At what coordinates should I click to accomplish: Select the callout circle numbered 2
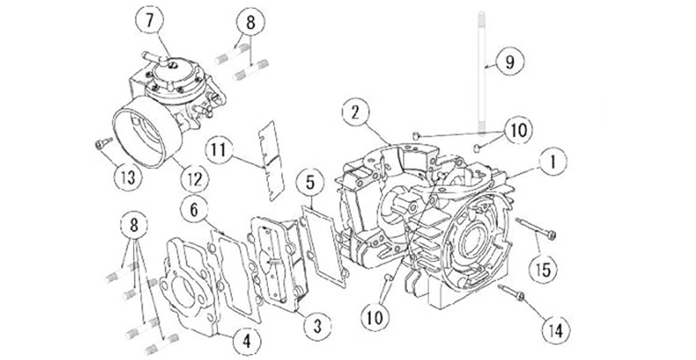[x=356, y=112]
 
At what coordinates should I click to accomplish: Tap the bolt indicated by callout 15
[x=536, y=229]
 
